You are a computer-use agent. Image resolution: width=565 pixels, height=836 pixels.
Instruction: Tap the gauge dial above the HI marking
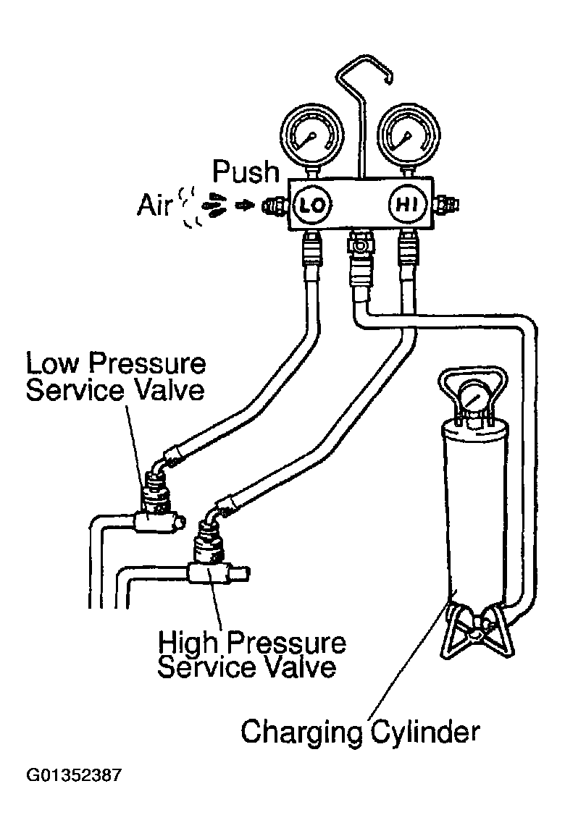[x=407, y=138]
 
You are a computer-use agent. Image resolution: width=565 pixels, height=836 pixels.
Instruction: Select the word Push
[x=246, y=172]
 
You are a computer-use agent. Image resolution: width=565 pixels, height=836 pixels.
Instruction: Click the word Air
[x=156, y=206]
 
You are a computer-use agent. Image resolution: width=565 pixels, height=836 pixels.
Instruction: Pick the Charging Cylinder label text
[x=360, y=731]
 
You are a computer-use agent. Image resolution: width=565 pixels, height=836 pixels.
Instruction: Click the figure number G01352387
[x=74, y=776]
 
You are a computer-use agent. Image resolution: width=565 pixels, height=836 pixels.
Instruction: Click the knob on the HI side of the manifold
[x=444, y=206]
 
